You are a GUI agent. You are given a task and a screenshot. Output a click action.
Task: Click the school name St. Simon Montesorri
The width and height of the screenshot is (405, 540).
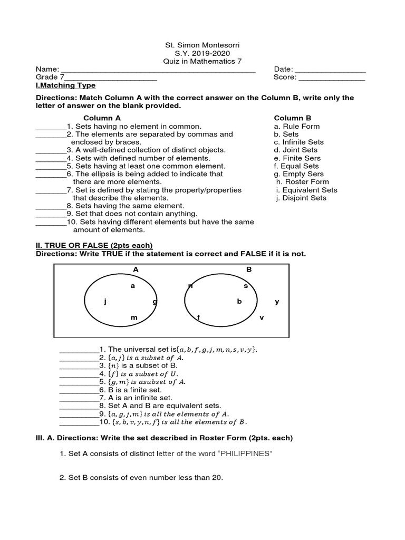click(202, 46)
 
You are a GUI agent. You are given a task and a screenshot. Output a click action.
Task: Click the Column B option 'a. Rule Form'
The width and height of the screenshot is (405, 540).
click(296, 127)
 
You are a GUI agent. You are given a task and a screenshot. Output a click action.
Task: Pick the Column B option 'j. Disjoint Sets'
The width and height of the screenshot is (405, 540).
click(300, 198)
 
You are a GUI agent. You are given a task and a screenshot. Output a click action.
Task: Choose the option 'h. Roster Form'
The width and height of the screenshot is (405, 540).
click(302, 182)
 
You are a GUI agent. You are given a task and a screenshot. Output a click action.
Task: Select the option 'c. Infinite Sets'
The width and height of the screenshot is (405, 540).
click(298, 142)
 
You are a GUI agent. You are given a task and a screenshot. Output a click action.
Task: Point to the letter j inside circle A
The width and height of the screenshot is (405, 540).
click(105, 302)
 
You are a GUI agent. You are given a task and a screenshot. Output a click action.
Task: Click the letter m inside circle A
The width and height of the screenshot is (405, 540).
click(134, 317)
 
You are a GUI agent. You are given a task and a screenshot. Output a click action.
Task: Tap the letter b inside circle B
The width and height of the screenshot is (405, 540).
click(239, 302)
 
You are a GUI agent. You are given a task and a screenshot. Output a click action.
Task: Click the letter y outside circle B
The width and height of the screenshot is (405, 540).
click(277, 302)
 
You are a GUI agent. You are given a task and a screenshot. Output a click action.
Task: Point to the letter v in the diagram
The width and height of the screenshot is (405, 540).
click(261, 317)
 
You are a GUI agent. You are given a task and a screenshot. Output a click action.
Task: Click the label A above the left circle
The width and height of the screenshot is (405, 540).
click(136, 269)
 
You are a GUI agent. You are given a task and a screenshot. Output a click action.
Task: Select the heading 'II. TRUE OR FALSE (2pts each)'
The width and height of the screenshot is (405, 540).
click(94, 245)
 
